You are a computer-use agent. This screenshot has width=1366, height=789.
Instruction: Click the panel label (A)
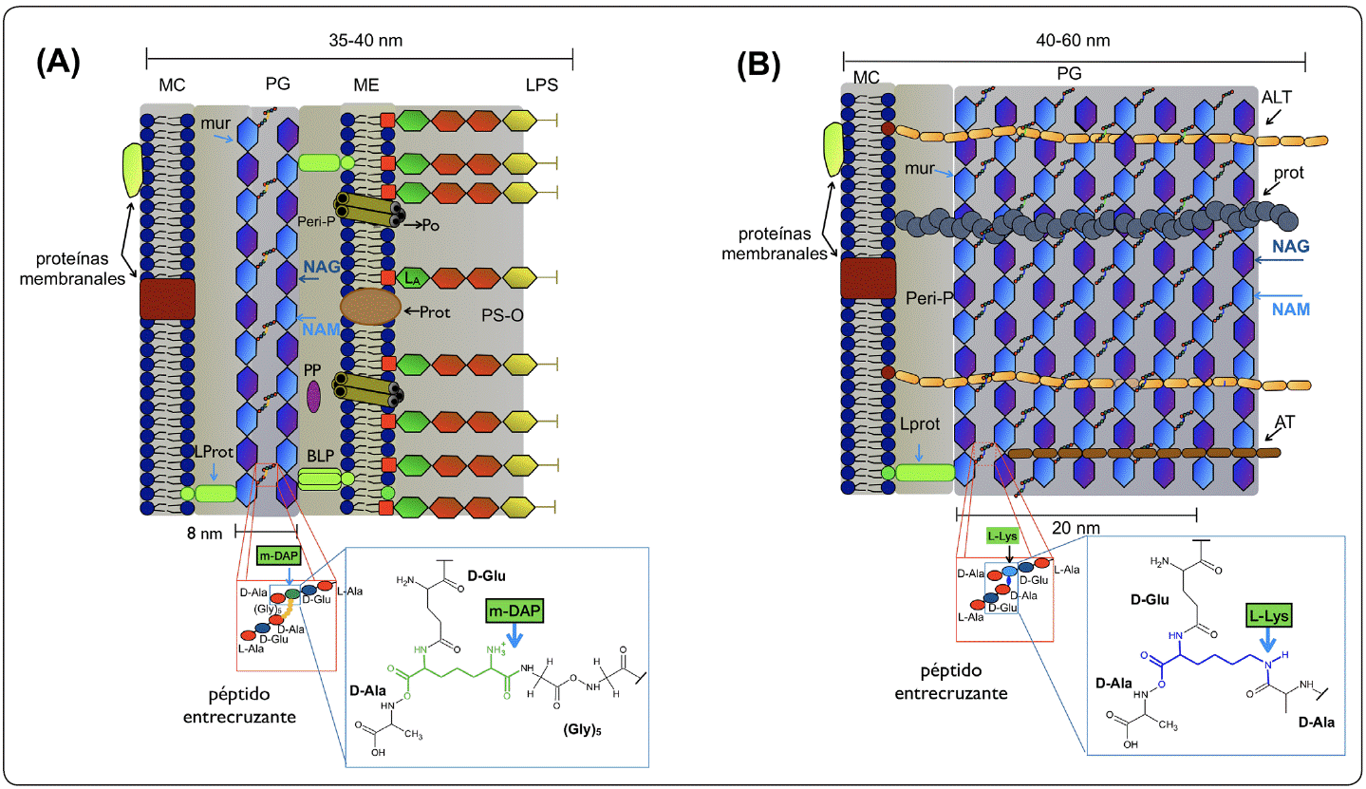point(58,64)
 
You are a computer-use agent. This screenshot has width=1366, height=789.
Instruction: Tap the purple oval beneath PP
point(313,397)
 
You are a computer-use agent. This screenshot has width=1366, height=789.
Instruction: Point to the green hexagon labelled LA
point(411,279)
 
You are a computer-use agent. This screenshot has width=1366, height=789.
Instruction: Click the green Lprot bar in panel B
point(925,471)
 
